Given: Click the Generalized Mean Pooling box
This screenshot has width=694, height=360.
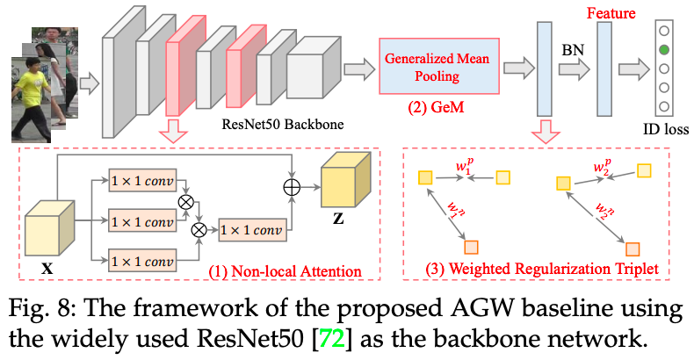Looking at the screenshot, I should tap(436, 66).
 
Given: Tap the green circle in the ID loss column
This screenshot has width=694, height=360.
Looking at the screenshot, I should tap(665, 50).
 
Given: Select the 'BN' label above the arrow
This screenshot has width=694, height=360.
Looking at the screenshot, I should tap(568, 50).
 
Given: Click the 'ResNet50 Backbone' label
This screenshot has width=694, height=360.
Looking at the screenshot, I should tap(281, 123).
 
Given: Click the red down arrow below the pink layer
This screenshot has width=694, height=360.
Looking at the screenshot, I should tap(175, 132).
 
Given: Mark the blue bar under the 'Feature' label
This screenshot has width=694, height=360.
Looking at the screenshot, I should tap(604, 66).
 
